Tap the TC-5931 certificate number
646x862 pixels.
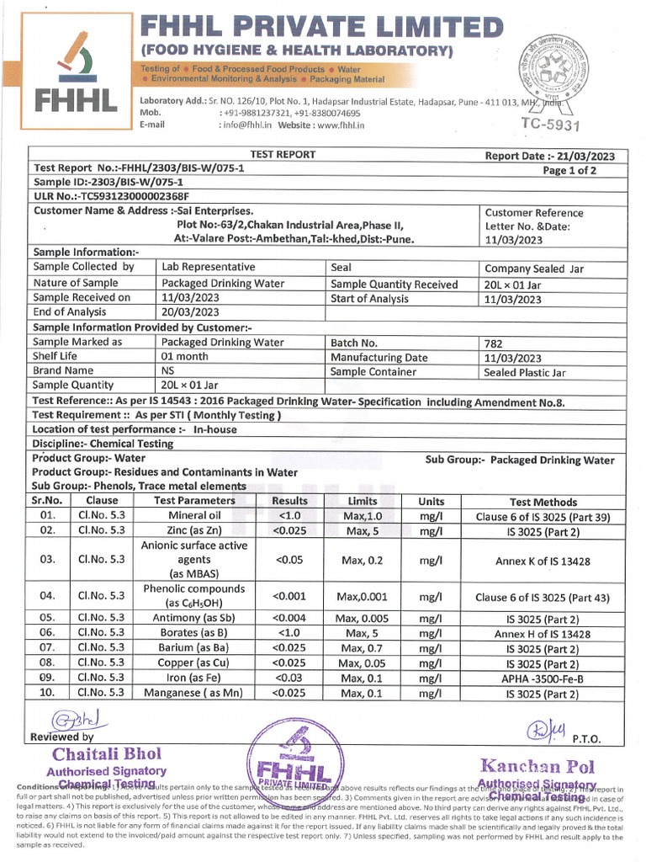click(551, 125)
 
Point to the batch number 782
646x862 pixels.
click(495, 343)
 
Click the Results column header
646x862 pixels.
click(289, 500)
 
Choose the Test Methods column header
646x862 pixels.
click(543, 500)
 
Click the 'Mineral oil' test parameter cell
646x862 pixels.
click(194, 515)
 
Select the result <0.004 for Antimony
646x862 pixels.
click(289, 618)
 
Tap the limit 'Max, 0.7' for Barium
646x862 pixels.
click(363, 648)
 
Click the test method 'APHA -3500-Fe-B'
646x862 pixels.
click(543, 678)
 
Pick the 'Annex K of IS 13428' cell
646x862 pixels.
click(543, 561)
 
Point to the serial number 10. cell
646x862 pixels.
click(47, 694)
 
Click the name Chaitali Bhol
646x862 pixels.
click(106, 753)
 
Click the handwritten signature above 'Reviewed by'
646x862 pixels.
click(75, 721)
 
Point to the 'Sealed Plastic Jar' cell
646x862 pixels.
click(525, 371)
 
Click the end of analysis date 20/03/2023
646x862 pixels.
click(190, 312)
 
